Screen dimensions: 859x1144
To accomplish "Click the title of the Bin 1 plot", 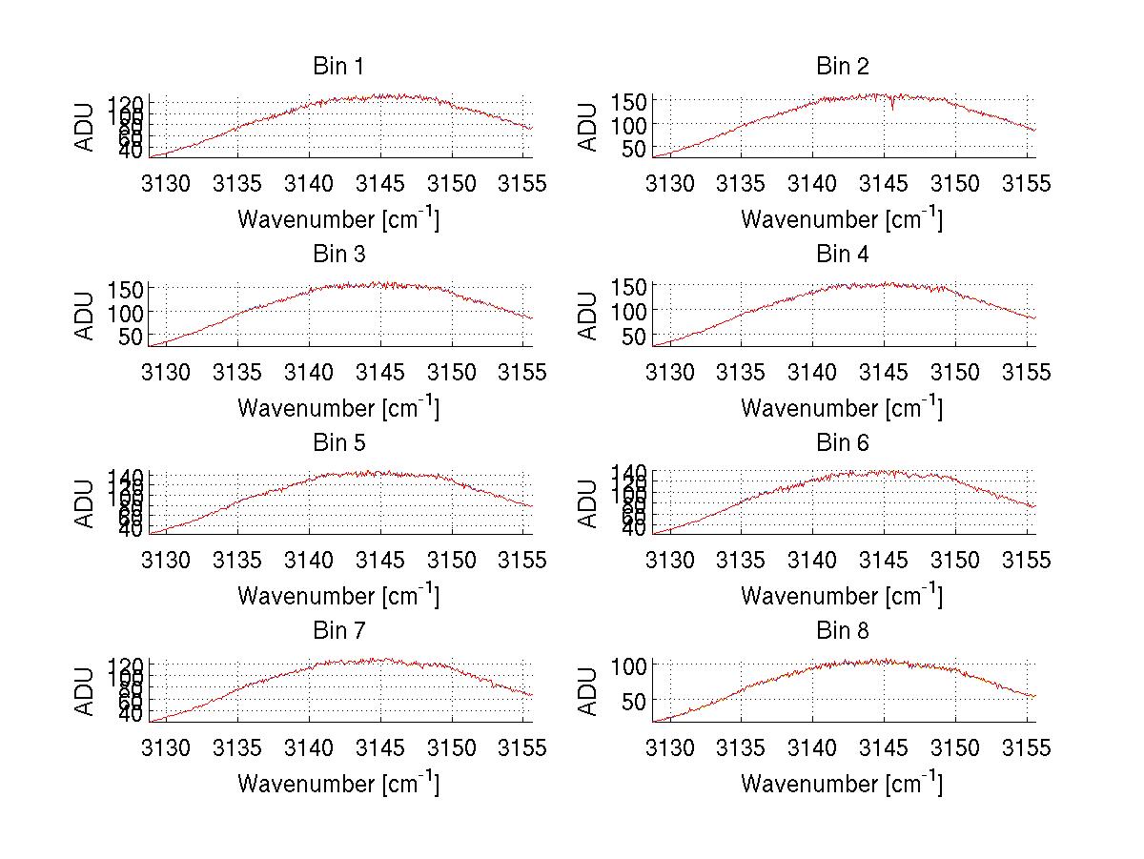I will click(337, 66).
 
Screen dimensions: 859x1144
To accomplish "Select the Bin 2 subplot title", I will click(843, 66).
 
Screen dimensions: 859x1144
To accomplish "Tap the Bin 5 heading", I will click(337, 442).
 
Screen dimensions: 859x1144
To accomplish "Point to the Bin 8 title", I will click(843, 630).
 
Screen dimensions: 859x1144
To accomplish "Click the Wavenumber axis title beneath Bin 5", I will click(338, 596).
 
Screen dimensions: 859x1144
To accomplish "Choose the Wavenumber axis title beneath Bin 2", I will click(842, 219).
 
